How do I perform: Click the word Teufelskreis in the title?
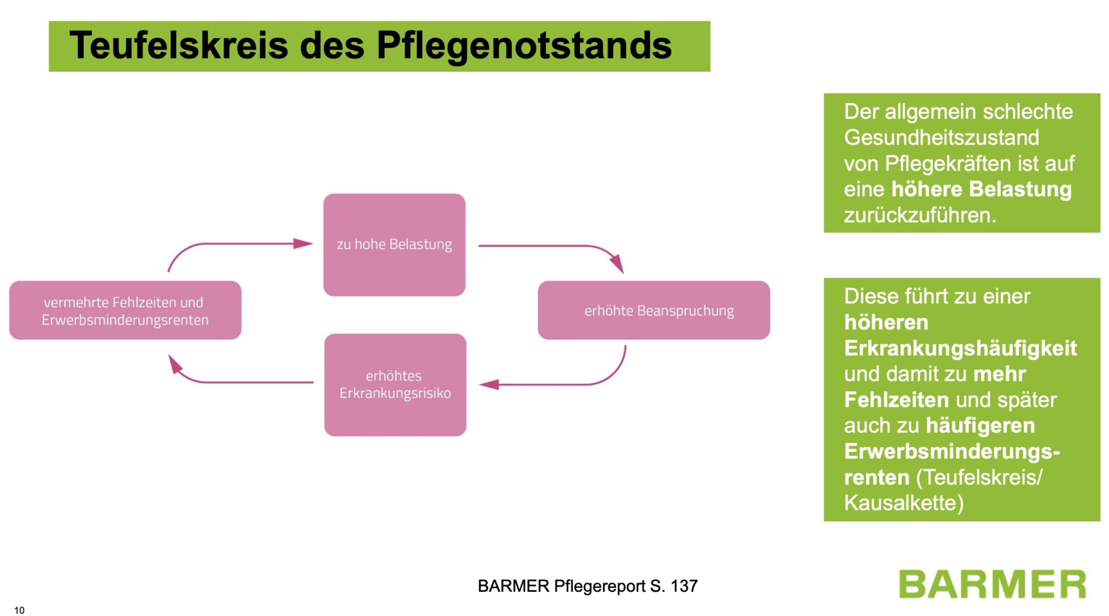[178, 45]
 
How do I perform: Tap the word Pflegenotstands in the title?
[524, 45]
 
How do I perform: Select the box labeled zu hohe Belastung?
[395, 244]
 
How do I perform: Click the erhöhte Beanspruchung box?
[654, 310]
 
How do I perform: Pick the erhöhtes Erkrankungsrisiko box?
[395, 384]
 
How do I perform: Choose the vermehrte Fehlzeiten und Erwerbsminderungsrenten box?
[125, 310]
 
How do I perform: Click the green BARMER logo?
[992, 584]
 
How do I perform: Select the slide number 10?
[20, 610]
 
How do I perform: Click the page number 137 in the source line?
[684, 586]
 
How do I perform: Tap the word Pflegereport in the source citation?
[599, 586]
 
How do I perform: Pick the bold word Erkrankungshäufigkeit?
[960, 348]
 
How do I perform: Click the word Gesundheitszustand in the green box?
[941, 138]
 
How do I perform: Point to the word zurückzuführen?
[920, 215]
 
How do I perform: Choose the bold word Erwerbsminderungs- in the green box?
[952, 451]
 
